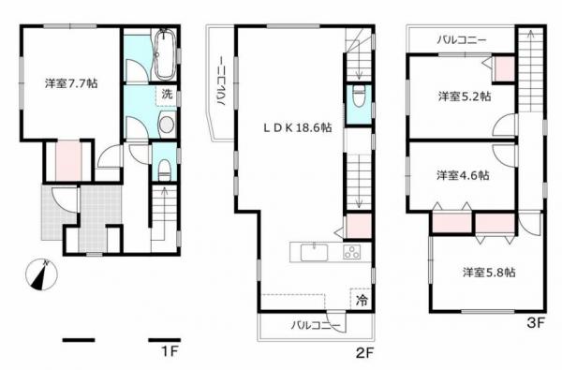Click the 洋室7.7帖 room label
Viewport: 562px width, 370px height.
click(x=71, y=83)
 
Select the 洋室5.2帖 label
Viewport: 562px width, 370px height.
click(x=461, y=96)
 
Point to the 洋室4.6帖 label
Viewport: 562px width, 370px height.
click(x=461, y=175)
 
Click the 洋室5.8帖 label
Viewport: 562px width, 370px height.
click(x=487, y=273)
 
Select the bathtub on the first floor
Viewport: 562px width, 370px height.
click(x=165, y=54)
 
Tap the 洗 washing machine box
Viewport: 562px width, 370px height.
click(x=166, y=94)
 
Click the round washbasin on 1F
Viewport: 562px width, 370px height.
click(x=166, y=126)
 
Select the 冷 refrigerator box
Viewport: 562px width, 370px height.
click(x=360, y=300)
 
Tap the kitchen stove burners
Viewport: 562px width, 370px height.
click(x=353, y=252)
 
